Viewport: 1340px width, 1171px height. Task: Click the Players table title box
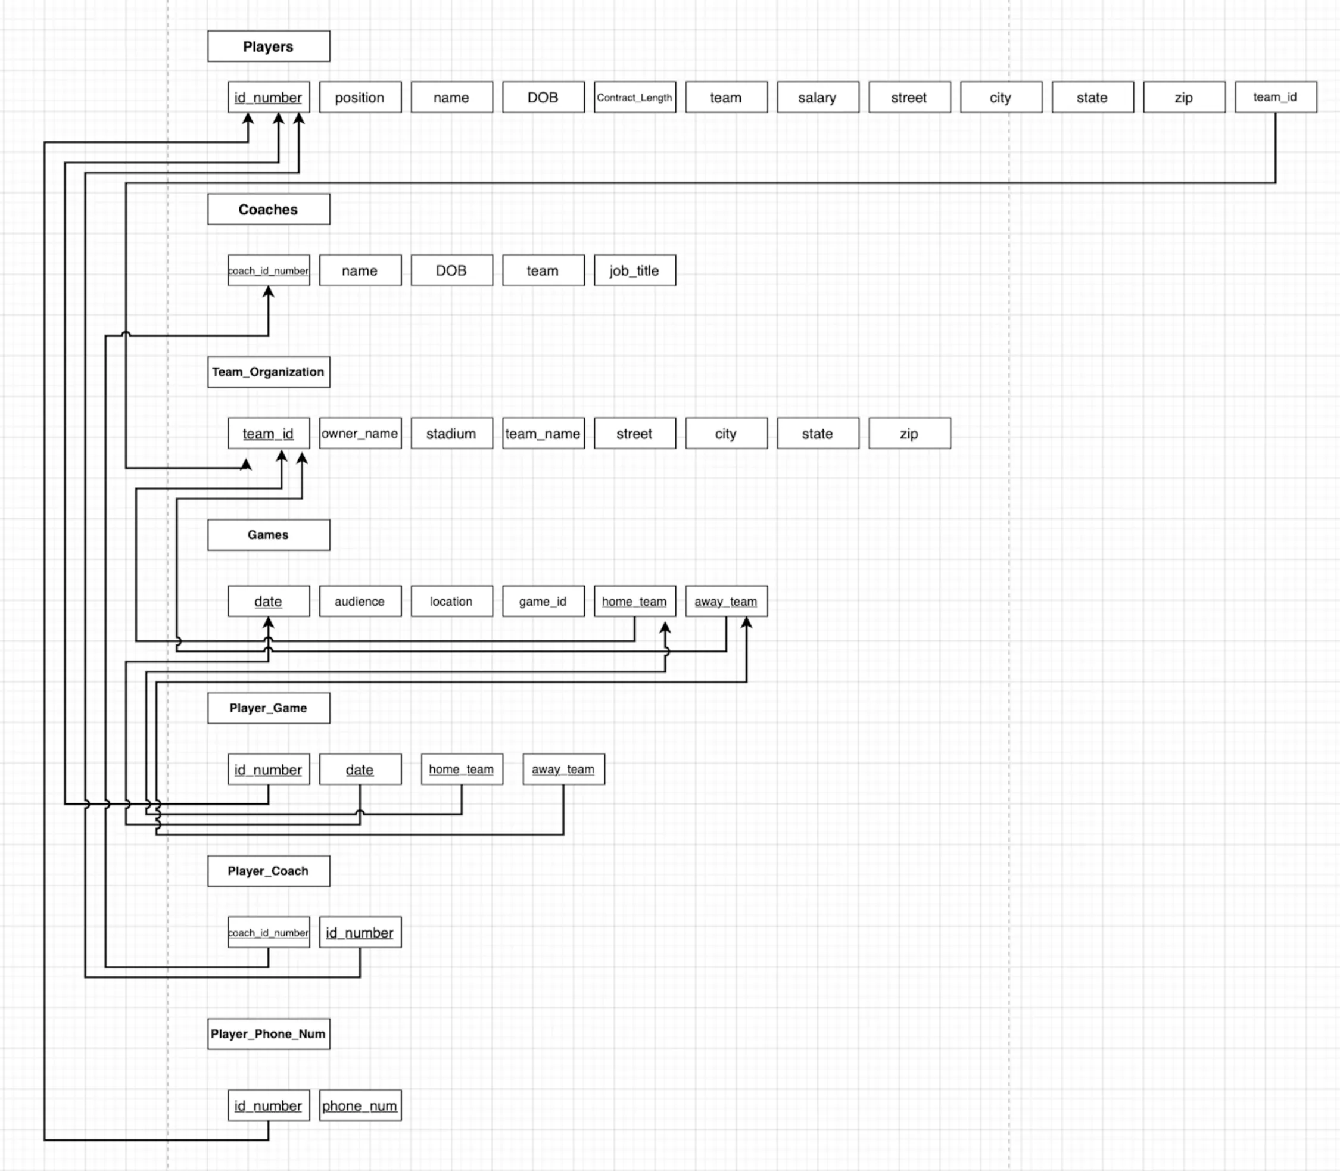point(269,46)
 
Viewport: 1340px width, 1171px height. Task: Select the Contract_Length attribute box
point(634,97)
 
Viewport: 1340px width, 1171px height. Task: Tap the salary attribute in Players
point(817,97)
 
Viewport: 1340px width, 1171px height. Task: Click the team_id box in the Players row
point(1275,97)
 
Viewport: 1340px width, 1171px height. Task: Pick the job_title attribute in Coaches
point(634,270)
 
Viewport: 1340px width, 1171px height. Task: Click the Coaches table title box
point(269,209)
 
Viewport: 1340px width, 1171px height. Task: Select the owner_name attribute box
point(360,433)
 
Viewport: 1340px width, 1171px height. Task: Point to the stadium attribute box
point(451,433)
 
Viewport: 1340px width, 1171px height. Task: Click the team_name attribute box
point(543,433)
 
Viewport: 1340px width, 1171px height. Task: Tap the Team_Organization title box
point(269,372)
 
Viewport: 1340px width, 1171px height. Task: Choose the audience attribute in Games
point(360,601)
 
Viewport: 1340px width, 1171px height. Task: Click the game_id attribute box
point(543,601)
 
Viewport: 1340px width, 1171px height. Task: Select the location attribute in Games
point(451,601)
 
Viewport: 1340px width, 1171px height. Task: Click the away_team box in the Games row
point(726,601)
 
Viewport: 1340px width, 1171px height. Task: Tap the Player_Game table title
point(269,708)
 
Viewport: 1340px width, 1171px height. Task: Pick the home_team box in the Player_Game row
point(462,769)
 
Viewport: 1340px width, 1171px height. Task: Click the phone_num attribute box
point(360,1105)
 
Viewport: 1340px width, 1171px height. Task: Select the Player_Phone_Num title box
point(269,1034)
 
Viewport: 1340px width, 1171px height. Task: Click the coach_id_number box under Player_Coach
point(269,933)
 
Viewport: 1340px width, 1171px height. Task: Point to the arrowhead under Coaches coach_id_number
point(269,292)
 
